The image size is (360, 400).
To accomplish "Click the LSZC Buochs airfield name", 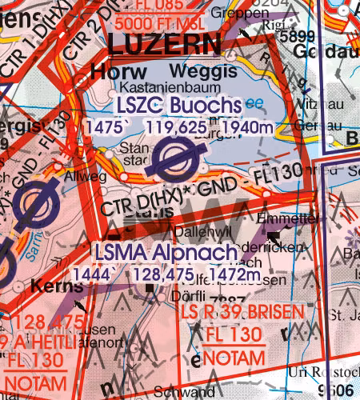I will [x=178, y=105].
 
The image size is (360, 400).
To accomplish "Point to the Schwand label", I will [x=178, y=393].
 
